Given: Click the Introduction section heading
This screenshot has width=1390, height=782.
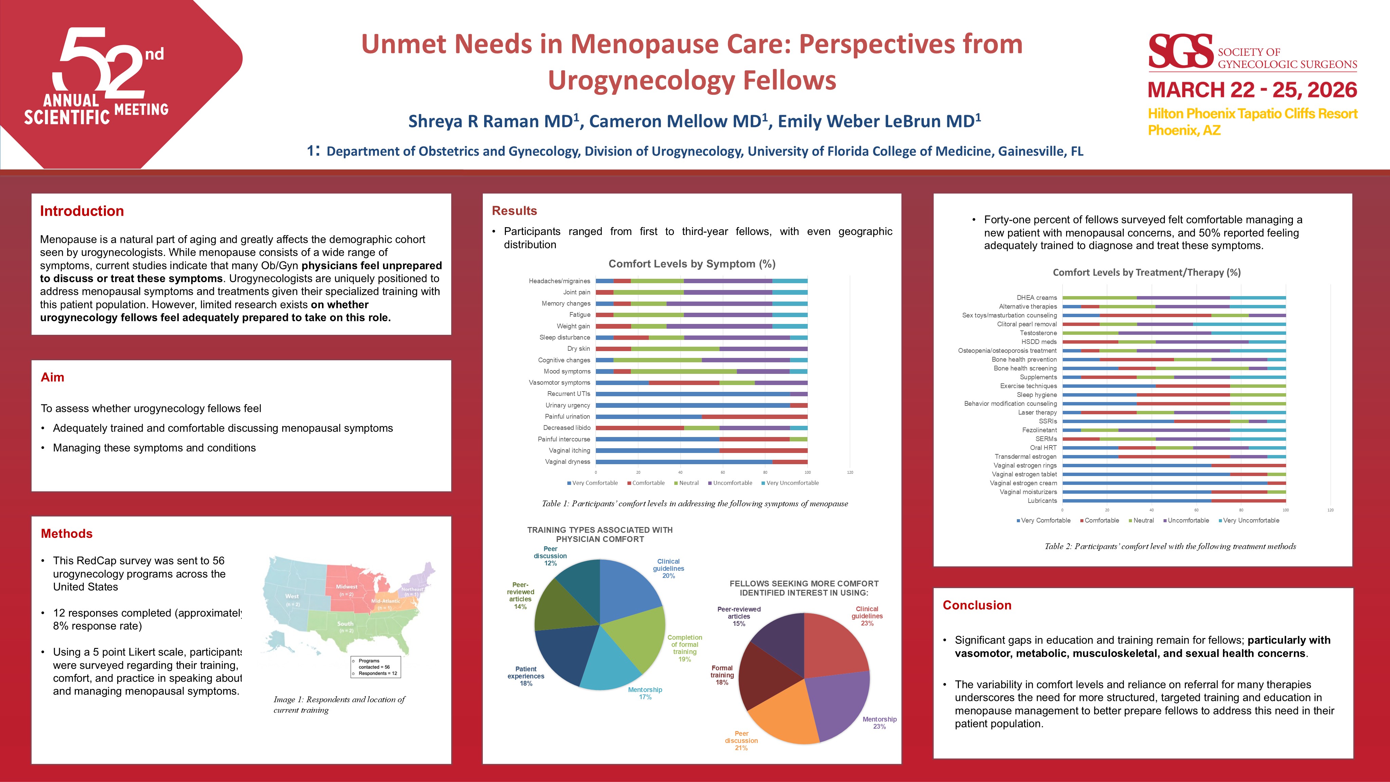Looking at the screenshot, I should [x=82, y=211].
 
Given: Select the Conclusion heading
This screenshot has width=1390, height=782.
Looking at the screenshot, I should [x=977, y=605].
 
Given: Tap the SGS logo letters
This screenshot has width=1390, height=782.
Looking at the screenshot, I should [x=1181, y=52].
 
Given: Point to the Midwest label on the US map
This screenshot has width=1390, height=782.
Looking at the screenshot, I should [x=346, y=587].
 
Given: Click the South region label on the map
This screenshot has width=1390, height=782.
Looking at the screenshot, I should [x=345, y=624].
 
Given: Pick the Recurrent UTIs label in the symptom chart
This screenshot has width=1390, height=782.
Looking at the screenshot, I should [x=568, y=394].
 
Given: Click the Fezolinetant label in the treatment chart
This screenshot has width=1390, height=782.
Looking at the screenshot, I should [x=1039, y=430].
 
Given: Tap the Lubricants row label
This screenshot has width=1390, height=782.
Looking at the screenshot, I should [x=1042, y=501].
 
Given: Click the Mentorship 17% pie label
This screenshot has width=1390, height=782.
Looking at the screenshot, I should [x=645, y=693].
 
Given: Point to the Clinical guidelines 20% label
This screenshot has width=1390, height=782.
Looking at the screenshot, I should [x=668, y=569].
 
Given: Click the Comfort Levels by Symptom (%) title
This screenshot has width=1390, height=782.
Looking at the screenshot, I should [x=692, y=264].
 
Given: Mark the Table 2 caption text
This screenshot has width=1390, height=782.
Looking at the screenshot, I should [x=1170, y=546].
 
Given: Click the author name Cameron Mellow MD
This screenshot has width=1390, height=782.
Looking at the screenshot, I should [x=678, y=121].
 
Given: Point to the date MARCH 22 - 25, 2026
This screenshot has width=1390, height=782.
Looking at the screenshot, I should [x=1252, y=90].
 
